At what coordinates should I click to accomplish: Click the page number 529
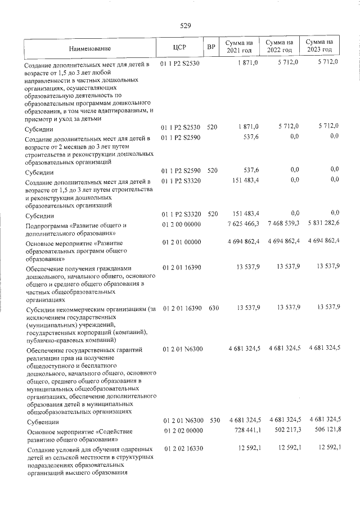click(x=186, y=25)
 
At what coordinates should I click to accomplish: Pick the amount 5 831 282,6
click(x=324, y=224)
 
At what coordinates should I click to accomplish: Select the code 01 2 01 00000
click(x=181, y=242)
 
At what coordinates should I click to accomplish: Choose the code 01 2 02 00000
click(x=181, y=430)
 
